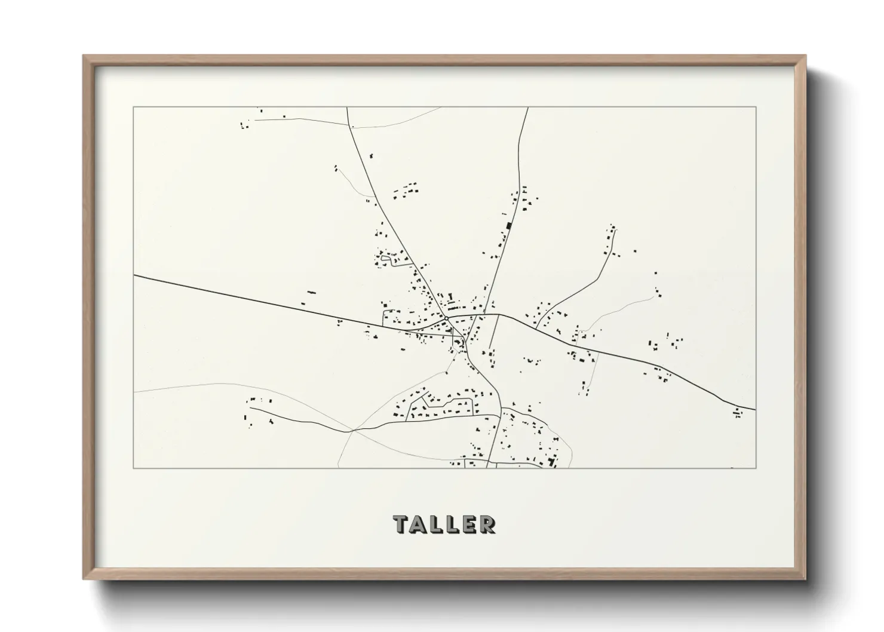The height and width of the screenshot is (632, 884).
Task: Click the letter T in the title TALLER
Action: [401, 524]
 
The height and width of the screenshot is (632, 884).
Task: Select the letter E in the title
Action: [469, 524]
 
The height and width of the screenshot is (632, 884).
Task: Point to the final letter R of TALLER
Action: [487, 524]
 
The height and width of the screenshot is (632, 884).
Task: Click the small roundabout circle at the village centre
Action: [446, 318]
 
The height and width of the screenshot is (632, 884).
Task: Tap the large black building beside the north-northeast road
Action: [509, 225]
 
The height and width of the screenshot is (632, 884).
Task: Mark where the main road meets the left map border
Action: [134, 276]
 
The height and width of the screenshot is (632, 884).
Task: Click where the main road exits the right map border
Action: [756, 410]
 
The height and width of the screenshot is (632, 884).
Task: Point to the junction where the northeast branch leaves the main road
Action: [536, 328]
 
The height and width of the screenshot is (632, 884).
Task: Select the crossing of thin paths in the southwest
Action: [351, 429]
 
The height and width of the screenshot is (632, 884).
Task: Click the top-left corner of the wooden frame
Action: [84, 56]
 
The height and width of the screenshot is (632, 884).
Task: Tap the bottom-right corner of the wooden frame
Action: [805, 579]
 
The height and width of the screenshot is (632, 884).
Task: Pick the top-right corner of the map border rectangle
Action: [756, 107]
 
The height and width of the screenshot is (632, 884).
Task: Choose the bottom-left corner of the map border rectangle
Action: [134, 468]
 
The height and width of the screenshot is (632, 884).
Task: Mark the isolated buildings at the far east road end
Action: [738, 412]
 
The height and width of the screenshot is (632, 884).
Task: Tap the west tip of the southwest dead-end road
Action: [250, 408]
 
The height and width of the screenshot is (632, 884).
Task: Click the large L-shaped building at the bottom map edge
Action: [551, 462]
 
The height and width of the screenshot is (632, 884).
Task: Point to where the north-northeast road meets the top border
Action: [528, 108]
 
